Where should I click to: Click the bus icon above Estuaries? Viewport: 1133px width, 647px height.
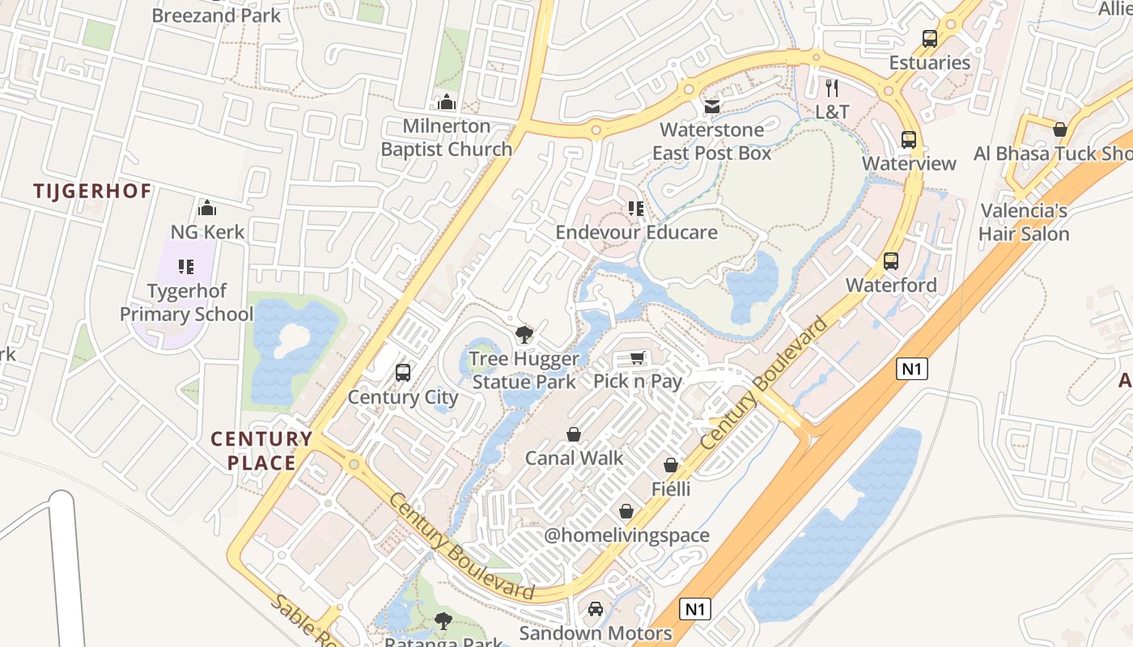[x=930, y=38]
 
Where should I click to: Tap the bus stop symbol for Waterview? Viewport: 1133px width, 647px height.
[x=909, y=139]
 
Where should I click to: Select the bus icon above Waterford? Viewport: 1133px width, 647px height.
[x=891, y=260]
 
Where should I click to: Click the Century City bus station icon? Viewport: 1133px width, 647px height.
[x=403, y=373]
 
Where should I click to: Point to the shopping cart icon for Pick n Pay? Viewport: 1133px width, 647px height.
[x=638, y=357]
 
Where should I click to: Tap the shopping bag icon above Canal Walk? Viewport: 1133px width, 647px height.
[x=574, y=434]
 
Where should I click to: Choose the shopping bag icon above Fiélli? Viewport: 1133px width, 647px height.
[x=671, y=465]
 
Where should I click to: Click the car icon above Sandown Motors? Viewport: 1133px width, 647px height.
[x=596, y=608]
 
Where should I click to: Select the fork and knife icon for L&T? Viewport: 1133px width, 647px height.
[x=832, y=87]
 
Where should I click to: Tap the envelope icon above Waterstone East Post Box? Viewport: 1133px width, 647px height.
[x=712, y=106]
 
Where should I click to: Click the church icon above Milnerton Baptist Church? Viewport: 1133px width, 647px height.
[x=446, y=102]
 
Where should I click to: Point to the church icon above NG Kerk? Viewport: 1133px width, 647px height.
[x=207, y=208]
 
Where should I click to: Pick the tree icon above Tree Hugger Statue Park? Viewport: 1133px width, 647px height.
[x=524, y=334]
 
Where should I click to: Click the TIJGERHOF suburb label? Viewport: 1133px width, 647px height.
[x=92, y=191]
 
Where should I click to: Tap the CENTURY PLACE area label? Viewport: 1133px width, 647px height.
[x=261, y=451]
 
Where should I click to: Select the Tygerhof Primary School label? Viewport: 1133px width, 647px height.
[x=187, y=302]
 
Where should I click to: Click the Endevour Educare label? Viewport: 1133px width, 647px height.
[x=636, y=232]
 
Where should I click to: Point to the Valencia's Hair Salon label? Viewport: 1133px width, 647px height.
[x=1024, y=222]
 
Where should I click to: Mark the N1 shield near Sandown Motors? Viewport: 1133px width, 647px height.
[x=695, y=609]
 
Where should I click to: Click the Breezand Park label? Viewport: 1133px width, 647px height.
[x=216, y=15]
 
